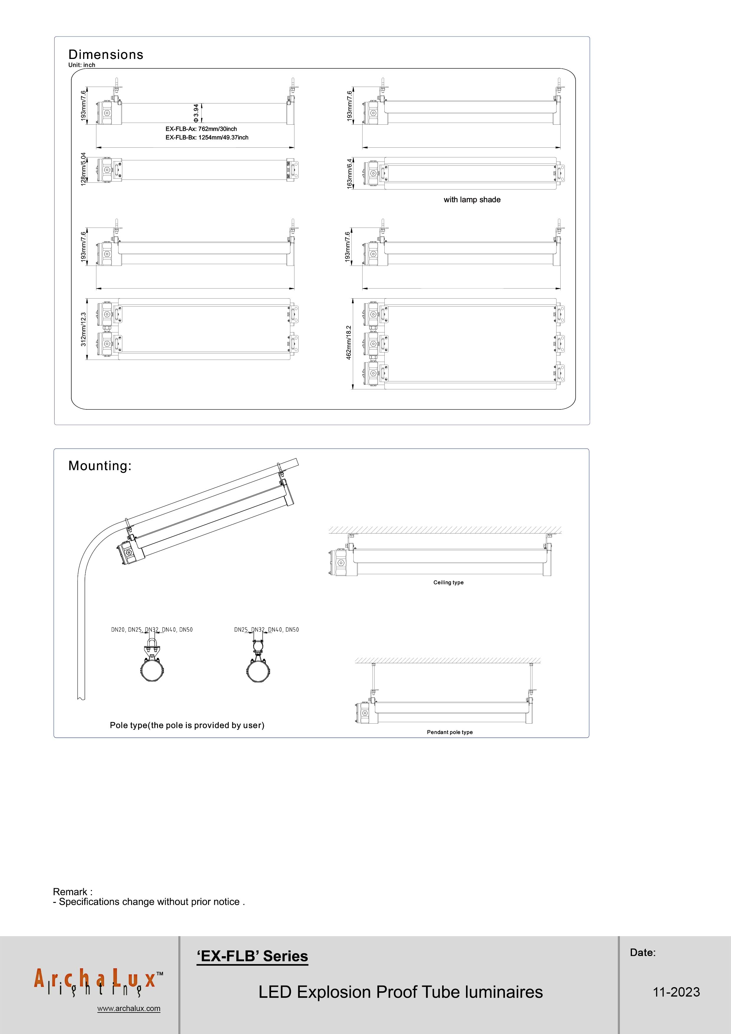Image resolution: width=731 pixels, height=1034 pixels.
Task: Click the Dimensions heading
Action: pos(106,55)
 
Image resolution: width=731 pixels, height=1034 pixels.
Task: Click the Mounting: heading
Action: pos(100,466)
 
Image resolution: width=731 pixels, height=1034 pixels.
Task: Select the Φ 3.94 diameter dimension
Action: pos(195,113)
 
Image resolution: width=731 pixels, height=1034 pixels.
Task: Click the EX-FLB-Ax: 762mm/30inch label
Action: pos(201,129)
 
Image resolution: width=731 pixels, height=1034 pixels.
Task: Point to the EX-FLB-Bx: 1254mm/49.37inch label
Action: pos(207,137)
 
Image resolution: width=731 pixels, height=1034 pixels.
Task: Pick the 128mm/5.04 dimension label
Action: pos(83,169)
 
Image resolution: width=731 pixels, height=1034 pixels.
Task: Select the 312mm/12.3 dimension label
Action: pos(83,329)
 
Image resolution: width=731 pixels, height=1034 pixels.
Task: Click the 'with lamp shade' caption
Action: pos(472,200)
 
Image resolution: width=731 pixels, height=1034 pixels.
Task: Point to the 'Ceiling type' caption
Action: pos(448,582)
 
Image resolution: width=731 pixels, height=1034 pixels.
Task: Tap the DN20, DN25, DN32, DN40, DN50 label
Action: pos(152,630)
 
